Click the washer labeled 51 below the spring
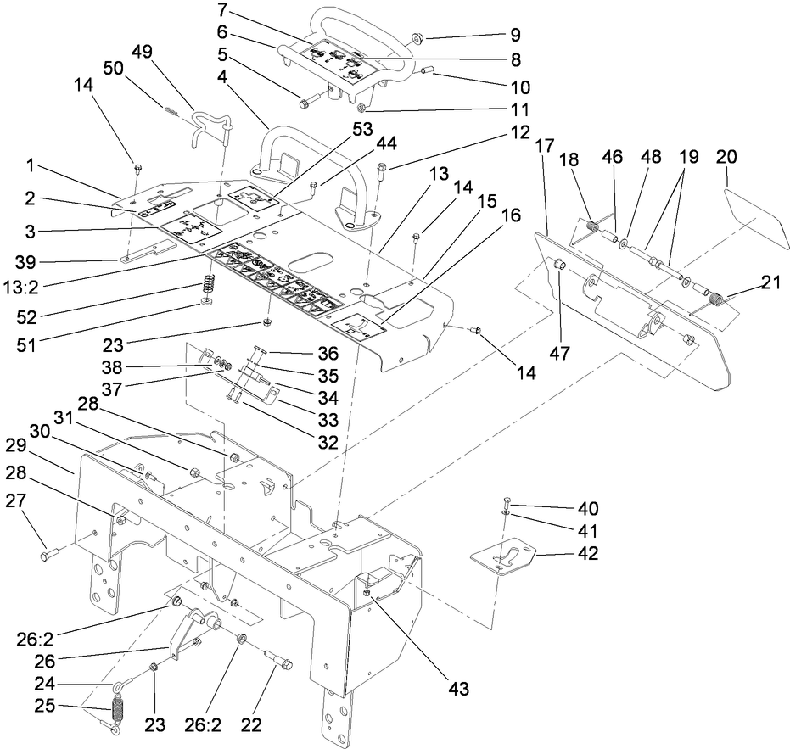coord(207,301)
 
